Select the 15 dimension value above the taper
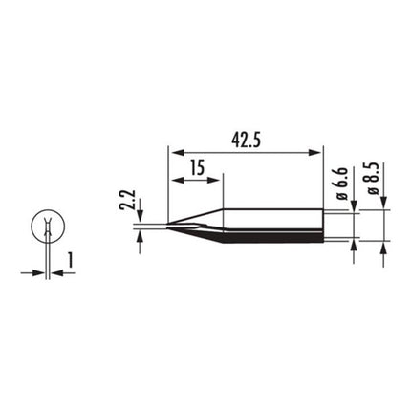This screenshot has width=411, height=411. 196,166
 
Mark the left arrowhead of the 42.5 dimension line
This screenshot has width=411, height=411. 172,149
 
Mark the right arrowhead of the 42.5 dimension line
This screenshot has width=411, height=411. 319,149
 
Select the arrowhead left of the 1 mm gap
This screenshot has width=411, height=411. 38,272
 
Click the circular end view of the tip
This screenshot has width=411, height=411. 44,227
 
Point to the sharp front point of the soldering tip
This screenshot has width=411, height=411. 167,227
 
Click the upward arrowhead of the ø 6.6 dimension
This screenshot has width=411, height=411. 356,242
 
